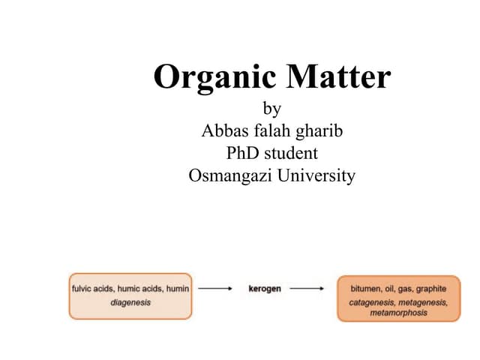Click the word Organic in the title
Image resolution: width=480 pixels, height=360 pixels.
pos(215,78)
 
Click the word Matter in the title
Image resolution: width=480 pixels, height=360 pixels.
pos(338,76)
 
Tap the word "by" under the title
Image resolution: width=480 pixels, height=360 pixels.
pos(271,109)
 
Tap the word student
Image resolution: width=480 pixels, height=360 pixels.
pos(291,153)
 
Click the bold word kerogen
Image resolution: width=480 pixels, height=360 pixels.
pos(265,289)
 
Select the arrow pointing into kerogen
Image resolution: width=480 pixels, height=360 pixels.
pos(215,288)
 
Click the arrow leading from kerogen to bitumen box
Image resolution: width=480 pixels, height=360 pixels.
pos(307,288)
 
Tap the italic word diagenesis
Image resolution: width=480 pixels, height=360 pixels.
pos(130,303)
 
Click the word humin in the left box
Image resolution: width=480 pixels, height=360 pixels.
pos(178,289)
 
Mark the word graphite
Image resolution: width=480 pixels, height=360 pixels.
pos(431,289)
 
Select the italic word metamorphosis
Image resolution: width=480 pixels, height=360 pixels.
pos(398,313)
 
